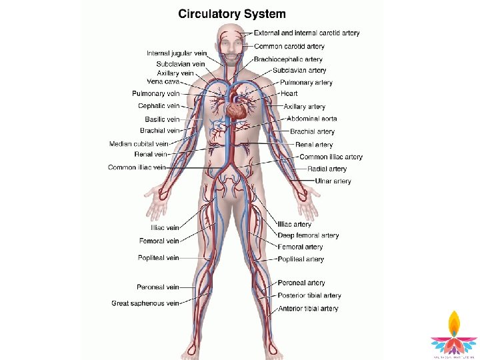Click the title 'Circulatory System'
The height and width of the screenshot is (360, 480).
pos(232,13)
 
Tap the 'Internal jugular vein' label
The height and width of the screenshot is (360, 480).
pos(177,53)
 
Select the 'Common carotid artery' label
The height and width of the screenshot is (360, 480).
pos(289,47)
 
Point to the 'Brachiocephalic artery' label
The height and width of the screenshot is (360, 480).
pos(288,59)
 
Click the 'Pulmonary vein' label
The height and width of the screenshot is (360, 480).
pos(156,94)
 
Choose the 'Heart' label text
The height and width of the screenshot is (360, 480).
pos(289,94)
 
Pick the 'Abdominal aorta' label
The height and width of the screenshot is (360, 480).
pos(311,119)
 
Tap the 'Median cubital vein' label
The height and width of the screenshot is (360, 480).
pos(139,144)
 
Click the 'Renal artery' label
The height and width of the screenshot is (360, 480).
pos(314,145)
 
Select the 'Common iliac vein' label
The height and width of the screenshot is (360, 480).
pos(137,168)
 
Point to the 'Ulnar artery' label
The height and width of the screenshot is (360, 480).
pos(333,181)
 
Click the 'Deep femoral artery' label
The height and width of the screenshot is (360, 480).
pos(308,235)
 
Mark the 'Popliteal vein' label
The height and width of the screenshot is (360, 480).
pos(159,258)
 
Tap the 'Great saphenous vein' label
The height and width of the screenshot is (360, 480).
pos(145,303)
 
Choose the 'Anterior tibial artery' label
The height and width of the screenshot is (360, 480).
pos(308,309)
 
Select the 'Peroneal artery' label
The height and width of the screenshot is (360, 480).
pos(301,283)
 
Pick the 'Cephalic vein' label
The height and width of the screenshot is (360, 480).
pos(159,106)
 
